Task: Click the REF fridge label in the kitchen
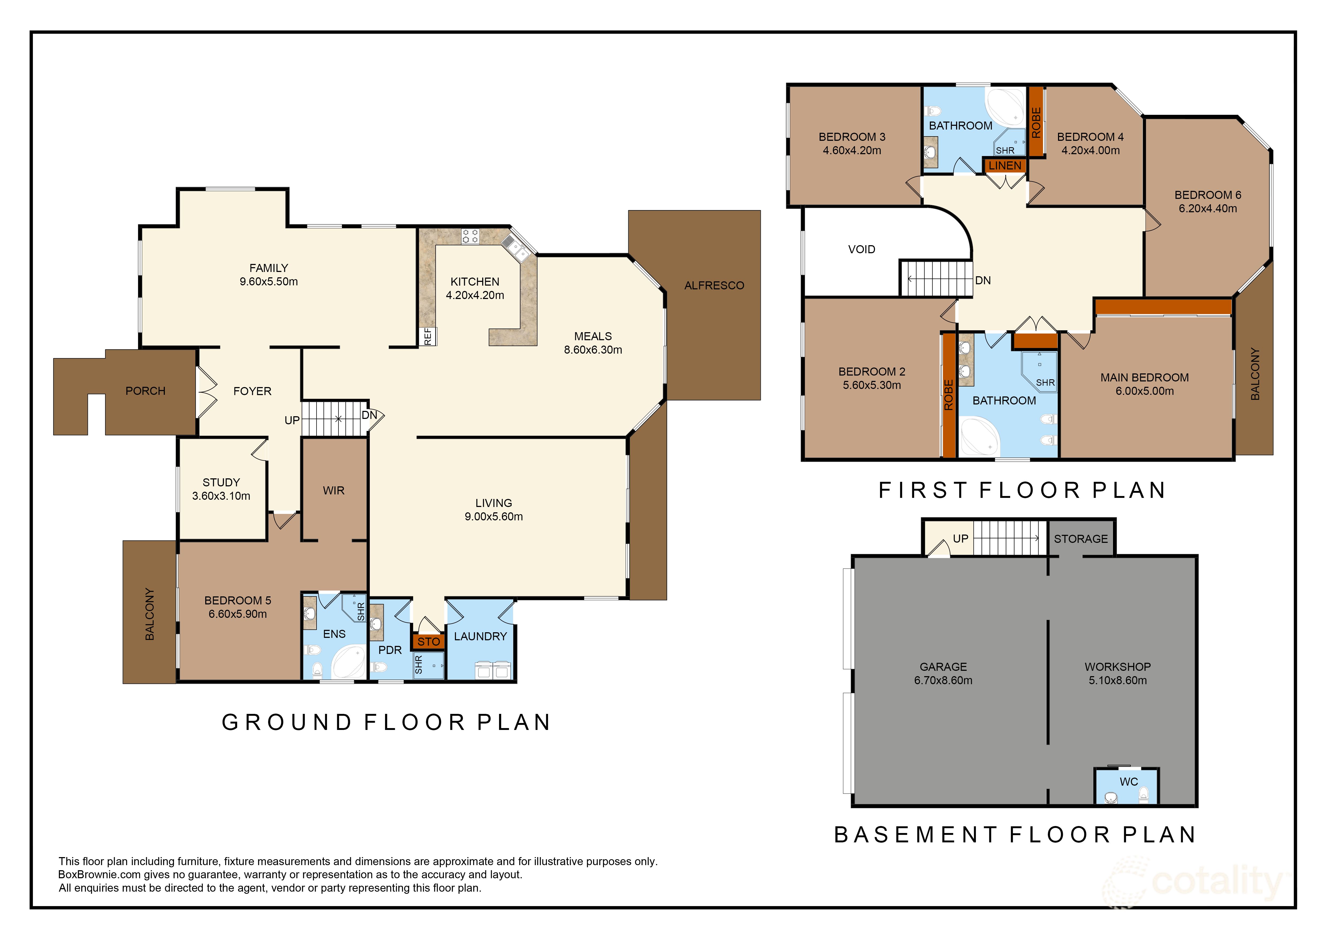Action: tap(427, 336)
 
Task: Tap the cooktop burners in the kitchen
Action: tap(470, 236)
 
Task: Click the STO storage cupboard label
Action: tap(429, 642)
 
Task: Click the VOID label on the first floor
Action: tap(861, 249)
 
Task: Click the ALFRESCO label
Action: tap(714, 285)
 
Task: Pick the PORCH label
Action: tap(145, 391)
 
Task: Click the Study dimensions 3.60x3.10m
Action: tap(221, 496)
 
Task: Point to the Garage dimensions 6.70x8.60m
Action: tap(943, 680)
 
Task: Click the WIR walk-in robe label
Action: tap(334, 491)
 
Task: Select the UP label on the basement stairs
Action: tap(960, 539)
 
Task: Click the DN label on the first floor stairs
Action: tap(983, 281)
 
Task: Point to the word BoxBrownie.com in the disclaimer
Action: tap(98, 875)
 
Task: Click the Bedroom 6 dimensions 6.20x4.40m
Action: tap(1208, 208)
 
